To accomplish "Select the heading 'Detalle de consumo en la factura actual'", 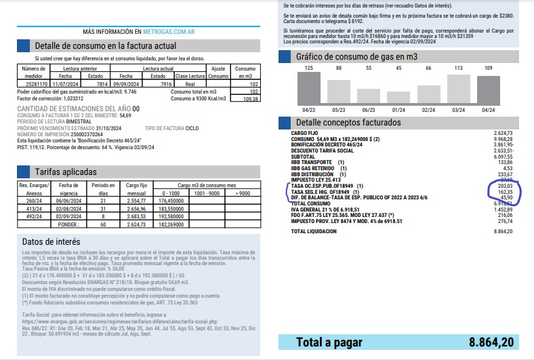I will pos(106,46).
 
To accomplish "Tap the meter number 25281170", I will pos(34,83).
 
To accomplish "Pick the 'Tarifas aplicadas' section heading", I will pos(66,172).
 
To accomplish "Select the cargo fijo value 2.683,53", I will pos(136,216).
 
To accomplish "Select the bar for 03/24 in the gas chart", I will pos(458,89).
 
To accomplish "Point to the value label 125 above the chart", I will pos(309,68).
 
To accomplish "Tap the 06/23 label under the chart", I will pos(369,109).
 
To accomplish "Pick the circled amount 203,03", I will pos(504,186).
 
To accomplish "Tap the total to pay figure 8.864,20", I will pos(483,342).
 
